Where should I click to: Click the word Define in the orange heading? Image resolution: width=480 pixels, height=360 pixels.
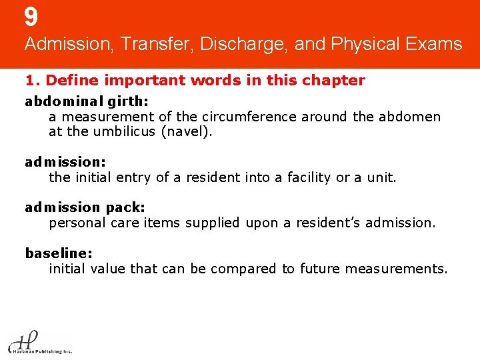71,81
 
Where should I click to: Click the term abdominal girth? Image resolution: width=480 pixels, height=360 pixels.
87,101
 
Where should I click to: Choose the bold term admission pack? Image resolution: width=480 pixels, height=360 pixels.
85,207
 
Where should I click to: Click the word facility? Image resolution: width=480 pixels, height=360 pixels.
309,177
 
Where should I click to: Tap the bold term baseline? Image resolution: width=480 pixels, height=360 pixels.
59,253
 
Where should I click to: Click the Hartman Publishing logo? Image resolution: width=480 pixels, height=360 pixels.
39,341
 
